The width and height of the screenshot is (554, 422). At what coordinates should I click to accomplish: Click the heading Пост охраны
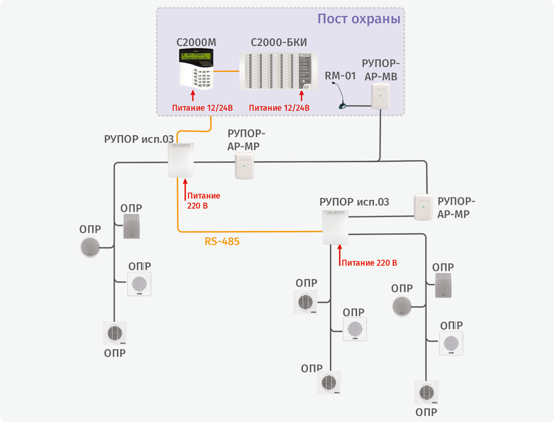[x=358, y=19]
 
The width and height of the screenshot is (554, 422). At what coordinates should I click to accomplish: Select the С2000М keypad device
[x=196, y=69]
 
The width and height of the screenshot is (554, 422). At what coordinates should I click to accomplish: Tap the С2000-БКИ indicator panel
[x=278, y=71]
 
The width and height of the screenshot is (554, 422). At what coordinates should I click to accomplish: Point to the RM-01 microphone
[x=340, y=96]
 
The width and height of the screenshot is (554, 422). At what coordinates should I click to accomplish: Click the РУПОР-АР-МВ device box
[x=381, y=96]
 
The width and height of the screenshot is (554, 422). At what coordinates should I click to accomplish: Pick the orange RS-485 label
[x=222, y=242]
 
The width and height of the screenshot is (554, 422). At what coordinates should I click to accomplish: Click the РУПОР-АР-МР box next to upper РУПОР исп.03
[x=245, y=166]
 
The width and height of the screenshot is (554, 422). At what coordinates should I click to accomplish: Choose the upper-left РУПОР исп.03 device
[x=181, y=160]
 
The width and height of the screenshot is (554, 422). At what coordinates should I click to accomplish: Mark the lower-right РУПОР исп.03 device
[x=335, y=227]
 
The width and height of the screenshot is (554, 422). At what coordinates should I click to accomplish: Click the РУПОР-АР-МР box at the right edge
[x=423, y=207]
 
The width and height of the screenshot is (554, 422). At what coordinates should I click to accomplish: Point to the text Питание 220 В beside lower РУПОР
[x=369, y=263]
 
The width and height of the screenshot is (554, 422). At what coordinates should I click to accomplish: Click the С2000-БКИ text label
[x=279, y=43]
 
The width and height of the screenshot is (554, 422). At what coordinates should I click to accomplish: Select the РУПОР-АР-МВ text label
[x=380, y=70]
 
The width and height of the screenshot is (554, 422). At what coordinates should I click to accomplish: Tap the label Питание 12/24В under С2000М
[x=202, y=108]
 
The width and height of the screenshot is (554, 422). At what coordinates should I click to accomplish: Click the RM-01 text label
[x=340, y=76]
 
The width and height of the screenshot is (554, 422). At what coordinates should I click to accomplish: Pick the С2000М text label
[x=196, y=43]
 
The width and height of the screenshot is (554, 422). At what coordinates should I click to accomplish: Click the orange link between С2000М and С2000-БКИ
[x=226, y=71]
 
